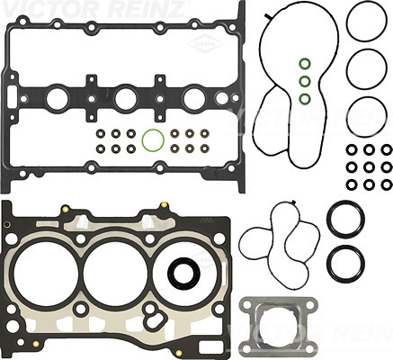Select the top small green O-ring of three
(300, 64)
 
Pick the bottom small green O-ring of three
(300, 99)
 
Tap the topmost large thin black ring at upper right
(347, 21)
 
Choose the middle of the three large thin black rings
(347, 69)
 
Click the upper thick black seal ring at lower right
(328, 220)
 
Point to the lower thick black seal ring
(328, 264)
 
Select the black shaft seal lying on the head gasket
(170, 273)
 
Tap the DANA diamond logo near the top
(205, 44)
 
